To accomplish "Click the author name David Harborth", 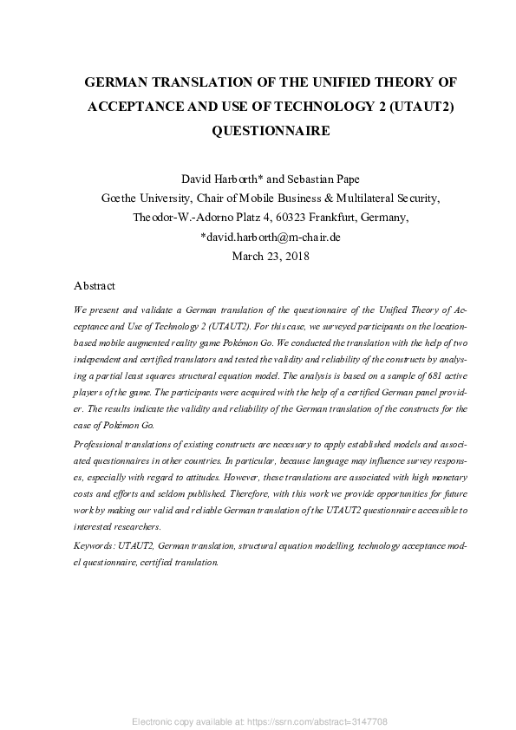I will coord(218,179).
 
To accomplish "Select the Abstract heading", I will coord(95,285).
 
